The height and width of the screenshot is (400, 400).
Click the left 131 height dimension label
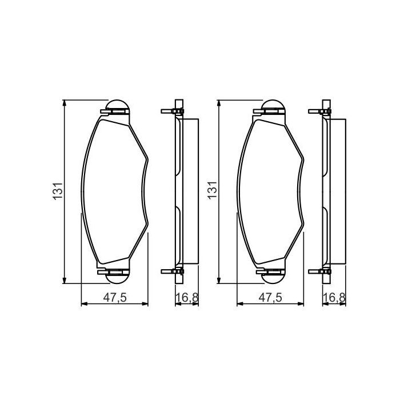58,191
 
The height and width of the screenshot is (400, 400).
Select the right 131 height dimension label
212,191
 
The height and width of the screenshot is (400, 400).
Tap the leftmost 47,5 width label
115,297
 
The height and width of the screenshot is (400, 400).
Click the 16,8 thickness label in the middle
186,297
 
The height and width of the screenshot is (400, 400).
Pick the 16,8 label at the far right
333,297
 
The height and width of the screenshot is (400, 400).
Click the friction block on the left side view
190,191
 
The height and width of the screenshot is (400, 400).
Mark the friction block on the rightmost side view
337,191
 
